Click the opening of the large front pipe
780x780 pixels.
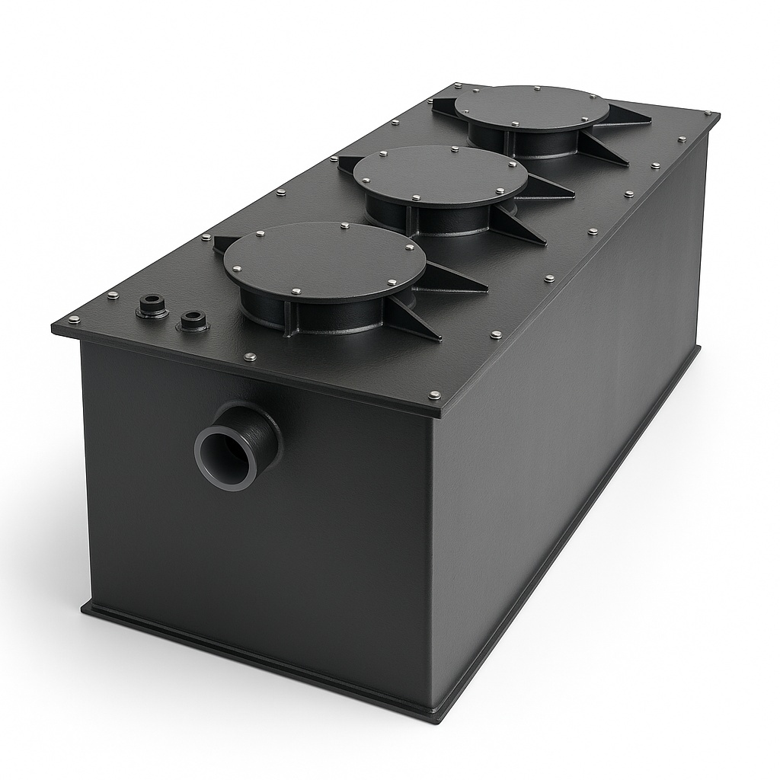228,456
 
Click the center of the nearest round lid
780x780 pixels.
324,261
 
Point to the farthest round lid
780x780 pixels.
532,113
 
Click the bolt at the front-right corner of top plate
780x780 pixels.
435,395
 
